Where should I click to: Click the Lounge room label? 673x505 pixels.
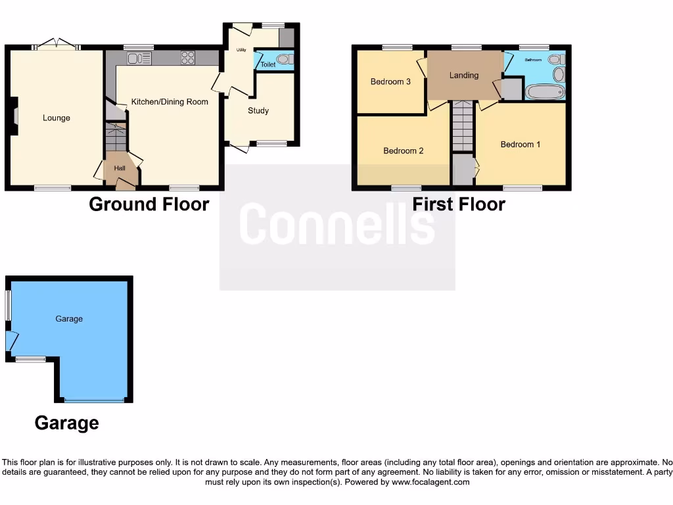[x=57, y=118]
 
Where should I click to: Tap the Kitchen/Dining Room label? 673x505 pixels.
[x=170, y=102]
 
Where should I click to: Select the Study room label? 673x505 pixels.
[x=258, y=111]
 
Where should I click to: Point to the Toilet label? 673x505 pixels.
[x=268, y=65]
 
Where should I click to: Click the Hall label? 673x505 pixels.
[x=120, y=168]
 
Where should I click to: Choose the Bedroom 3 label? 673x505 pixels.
[x=390, y=82]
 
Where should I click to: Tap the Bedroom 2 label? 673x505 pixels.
[x=404, y=151]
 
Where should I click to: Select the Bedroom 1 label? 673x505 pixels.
[x=521, y=145]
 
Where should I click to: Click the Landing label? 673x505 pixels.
[x=464, y=76]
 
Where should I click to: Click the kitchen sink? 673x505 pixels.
[x=139, y=59]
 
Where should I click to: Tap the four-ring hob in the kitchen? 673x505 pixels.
[x=188, y=58]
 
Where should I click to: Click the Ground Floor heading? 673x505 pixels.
[x=149, y=204]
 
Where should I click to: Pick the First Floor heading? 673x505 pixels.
[x=459, y=204]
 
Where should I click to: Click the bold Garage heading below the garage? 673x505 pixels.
[x=67, y=423]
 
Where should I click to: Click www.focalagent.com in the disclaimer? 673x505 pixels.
[x=431, y=482]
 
